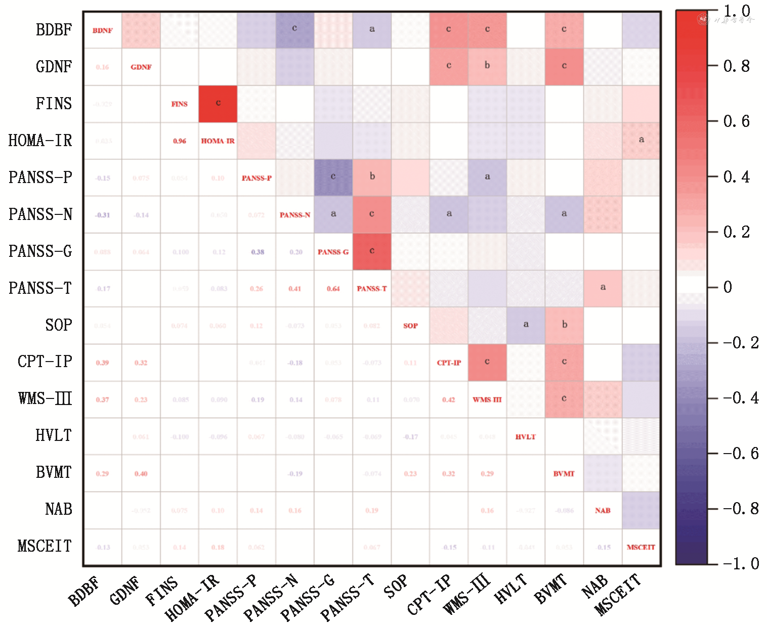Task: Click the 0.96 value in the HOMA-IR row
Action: [x=180, y=141]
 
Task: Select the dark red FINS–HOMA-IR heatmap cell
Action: [x=218, y=104]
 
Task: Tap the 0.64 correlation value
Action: [x=333, y=289]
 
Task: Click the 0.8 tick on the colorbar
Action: [x=736, y=66]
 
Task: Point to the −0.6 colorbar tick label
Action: [x=740, y=453]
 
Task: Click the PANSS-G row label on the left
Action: [x=40, y=251]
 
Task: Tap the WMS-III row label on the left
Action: [x=45, y=399]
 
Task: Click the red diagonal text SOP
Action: [x=410, y=326]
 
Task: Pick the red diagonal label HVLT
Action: [x=525, y=437]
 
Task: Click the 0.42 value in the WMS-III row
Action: [x=448, y=400]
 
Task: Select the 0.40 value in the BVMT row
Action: [x=141, y=474]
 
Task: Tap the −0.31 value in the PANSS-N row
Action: [x=103, y=215]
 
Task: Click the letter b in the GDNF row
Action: [x=487, y=65]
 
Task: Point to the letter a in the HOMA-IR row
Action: [x=642, y=140]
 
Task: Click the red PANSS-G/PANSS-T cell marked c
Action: [x=372, y=251]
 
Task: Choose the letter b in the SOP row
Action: [x=565, y=325]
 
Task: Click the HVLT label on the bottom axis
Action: [x=511, y=590]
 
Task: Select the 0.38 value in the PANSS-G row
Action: [x=258, y=252]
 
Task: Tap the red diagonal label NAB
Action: [x=603, y=511]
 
